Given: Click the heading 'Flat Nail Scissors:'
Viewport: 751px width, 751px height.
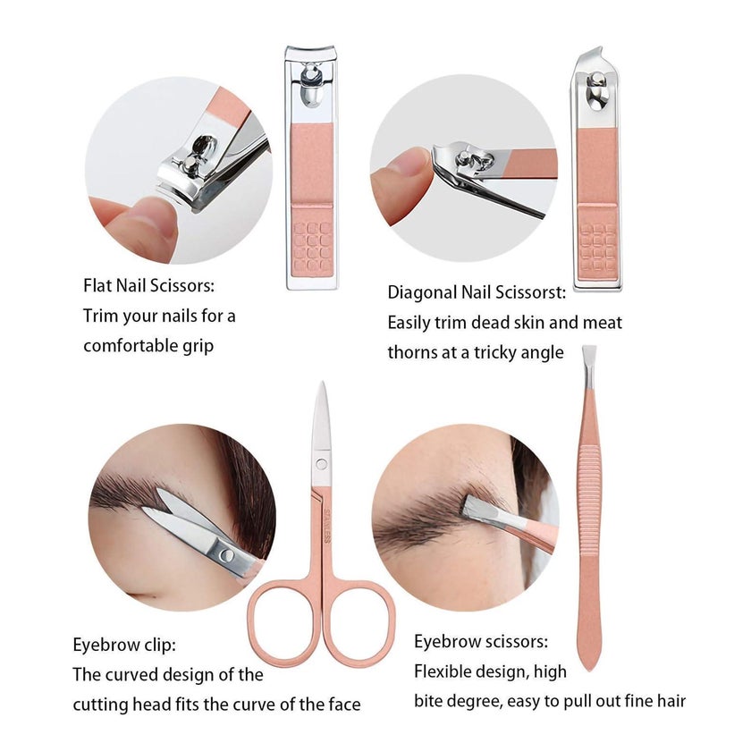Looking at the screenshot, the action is pyautogui.click(x=149, y=285).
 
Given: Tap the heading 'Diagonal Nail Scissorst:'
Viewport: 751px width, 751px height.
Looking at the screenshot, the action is pyautogui.click(x=477, y=292).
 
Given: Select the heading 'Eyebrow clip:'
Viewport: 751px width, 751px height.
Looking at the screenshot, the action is pyautogui.click(x=124, y=645).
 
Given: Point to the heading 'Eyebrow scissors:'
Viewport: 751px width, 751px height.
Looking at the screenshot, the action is pyautogui.click(x=481, y=641).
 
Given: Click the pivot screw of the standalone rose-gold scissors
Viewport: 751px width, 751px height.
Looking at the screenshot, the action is pyautogui.click(x=321, y=464).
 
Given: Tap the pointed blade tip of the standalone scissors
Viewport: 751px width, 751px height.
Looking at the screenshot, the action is pyautogui.click(x=323, y=384).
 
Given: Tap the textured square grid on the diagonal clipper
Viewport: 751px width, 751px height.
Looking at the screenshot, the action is pyautogui.click(x=597, y=247).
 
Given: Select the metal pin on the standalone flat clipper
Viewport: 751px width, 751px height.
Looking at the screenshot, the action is pyautogui.click(x=311, y=86).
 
